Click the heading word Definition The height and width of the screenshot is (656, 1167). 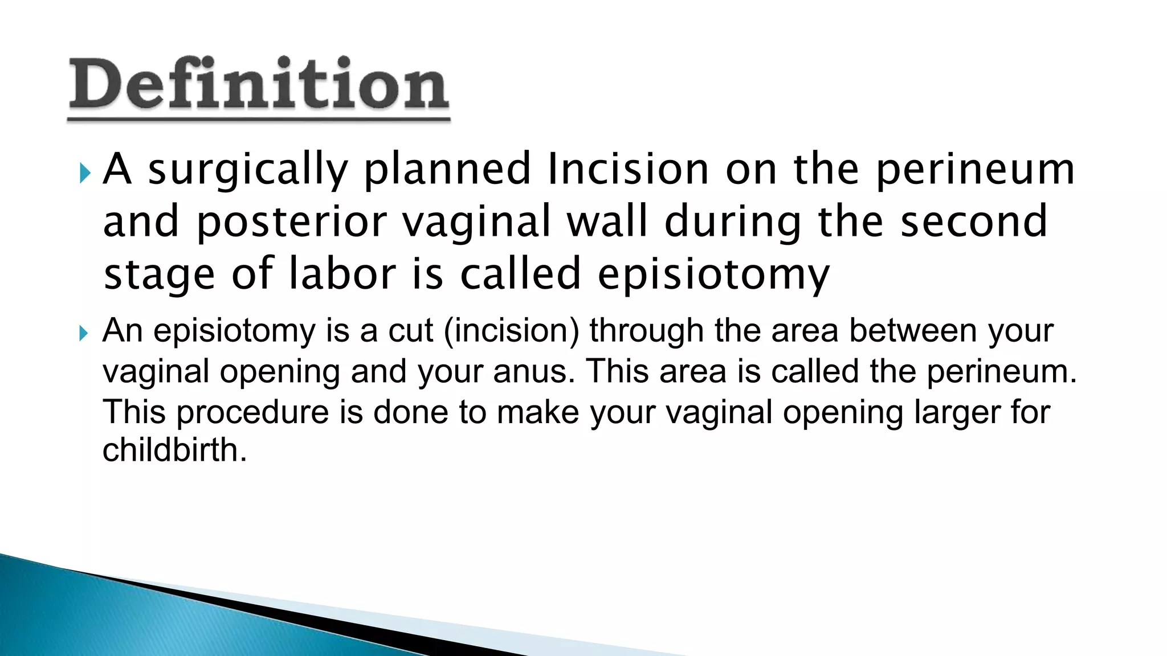[259, 85]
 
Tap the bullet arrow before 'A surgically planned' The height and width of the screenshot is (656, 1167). [85, 172]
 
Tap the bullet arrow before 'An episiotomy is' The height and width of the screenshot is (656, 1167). [84, 333]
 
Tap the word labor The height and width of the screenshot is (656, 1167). [342, 273]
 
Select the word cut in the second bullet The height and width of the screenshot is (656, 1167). [410, 330]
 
